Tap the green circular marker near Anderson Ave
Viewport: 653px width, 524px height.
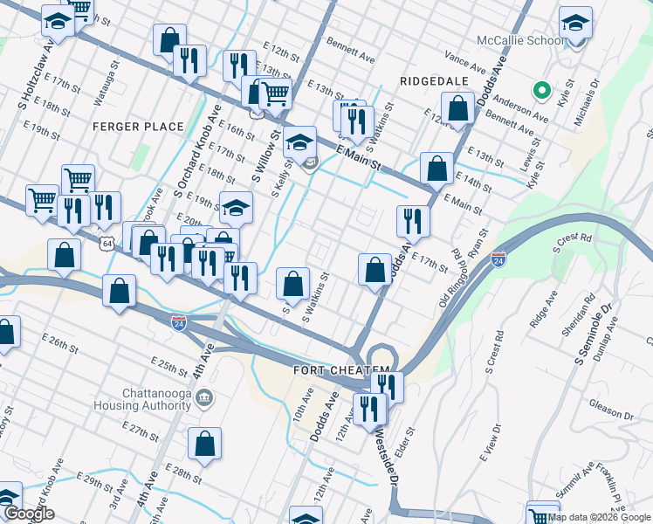click(x=541, y=89)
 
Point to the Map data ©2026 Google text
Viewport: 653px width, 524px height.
click(x=599, y=517)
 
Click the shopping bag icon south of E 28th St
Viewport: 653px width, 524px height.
click(x=204, y=444)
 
